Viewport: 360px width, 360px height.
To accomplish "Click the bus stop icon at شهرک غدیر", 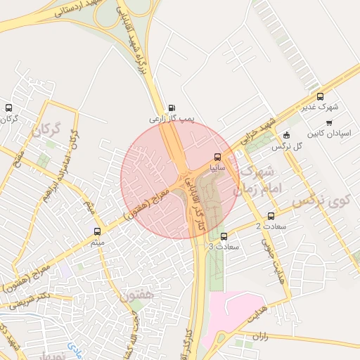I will coord(321,97).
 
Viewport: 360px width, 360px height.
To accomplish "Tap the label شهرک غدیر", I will coord(321,108).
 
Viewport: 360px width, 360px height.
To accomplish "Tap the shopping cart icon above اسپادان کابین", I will coord(329,122).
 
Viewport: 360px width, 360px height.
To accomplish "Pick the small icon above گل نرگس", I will coord(285,135).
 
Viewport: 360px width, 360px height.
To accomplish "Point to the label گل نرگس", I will coord(287,146).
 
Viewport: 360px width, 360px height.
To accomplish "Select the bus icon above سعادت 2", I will coord(271,216).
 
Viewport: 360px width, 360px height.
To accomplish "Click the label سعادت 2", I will coord(268,226).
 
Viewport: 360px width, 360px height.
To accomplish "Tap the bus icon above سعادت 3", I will coord(224,237).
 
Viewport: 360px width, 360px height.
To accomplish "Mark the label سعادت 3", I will coord(224,247).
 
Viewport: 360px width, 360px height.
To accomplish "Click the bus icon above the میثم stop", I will coord(97,231).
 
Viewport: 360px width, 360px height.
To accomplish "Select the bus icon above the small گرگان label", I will coord(8,108).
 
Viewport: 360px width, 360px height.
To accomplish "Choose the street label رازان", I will coord(261,337).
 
